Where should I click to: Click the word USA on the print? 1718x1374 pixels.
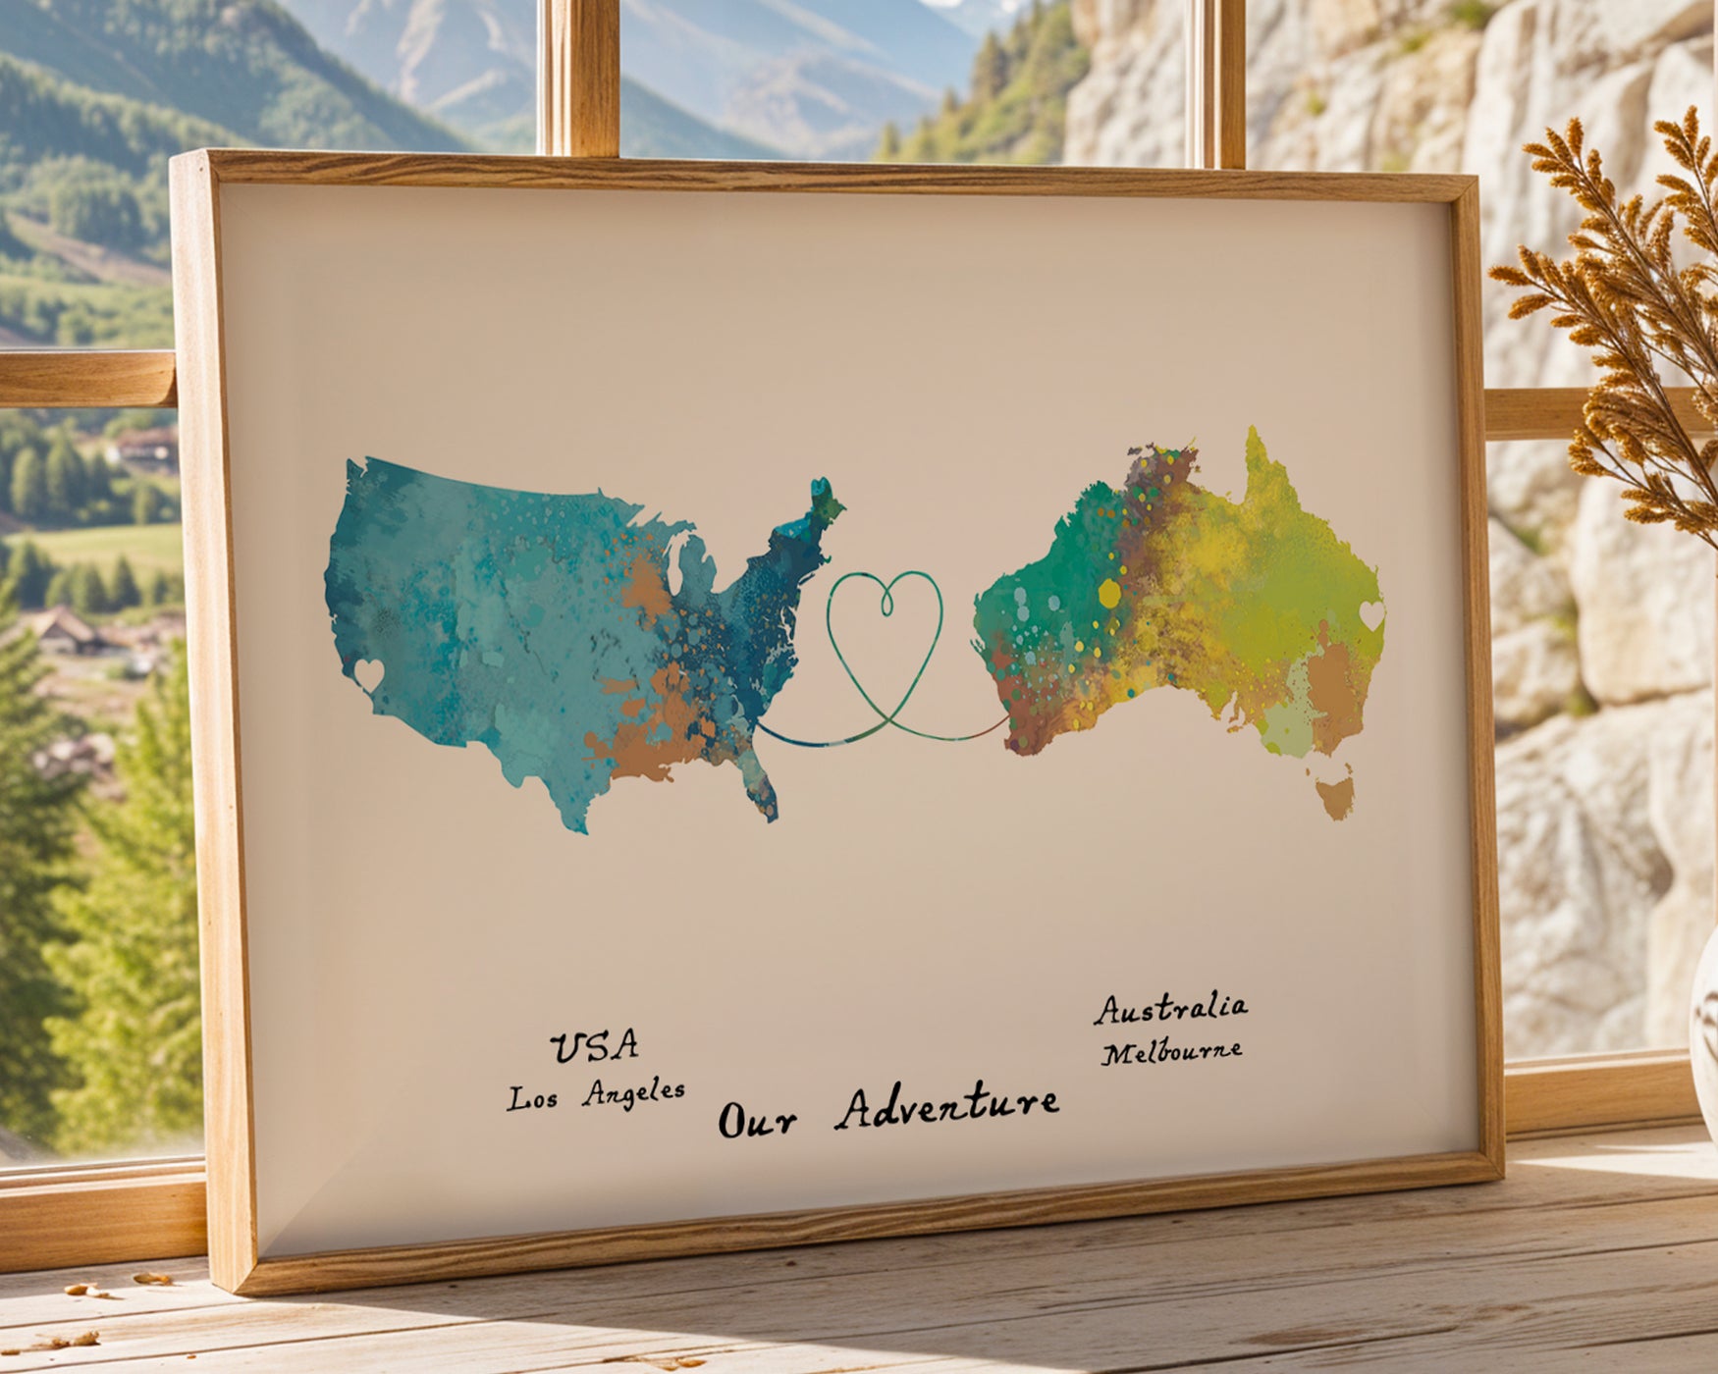pyautogui.click(x=594, y=1047)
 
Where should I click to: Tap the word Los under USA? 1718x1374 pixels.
pyautogui.click(x=532, y=1099)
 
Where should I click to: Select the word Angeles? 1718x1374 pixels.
pyautogui.click(x=633, y=1092)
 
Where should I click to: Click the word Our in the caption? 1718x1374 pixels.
pyautogui.click(x=756, y=1119)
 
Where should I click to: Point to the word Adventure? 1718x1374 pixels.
pyautogui.click(x=947, y=1107)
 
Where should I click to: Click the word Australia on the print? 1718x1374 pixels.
pyautogui.click(x=1171, y=1008)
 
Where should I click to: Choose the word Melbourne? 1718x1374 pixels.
pyautogui.click(x=1171, y=1052)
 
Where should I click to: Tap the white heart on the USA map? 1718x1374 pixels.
pyautogui.click(x=369, y=674)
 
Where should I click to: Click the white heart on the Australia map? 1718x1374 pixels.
pyautogui.click(x=1371, y=615)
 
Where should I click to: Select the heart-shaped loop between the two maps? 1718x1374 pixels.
pyautogui.click(x=885, y=628)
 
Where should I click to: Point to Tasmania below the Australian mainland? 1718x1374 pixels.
pyautogui.click(x=1335, y=795)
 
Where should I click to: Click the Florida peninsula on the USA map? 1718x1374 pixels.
pyautogui.click(x=764, y=785)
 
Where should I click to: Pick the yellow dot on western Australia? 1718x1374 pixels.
pyautogui.click(x=1109, y=593)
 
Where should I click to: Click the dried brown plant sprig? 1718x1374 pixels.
pyautogui.click(x=1630, y=294)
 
